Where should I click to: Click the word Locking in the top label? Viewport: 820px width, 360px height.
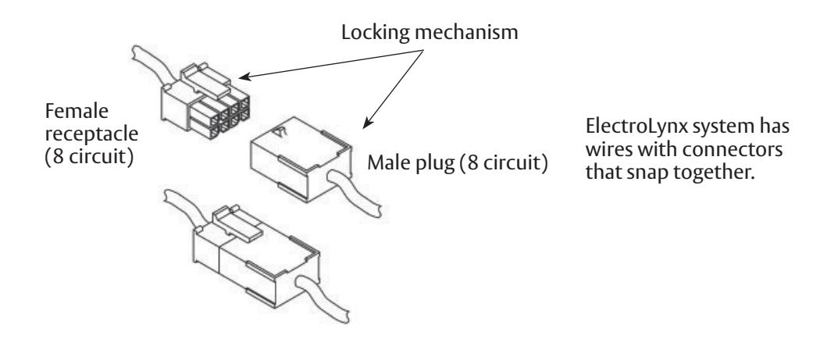point(375,33)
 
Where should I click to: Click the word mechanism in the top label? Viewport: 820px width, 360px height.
point(466,32)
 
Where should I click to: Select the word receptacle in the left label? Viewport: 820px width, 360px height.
point(91,134)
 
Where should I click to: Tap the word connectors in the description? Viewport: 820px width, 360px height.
point(733,150)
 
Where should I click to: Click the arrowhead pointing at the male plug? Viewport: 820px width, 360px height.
point(368,123)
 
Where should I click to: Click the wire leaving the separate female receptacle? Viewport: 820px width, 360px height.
point(151,65)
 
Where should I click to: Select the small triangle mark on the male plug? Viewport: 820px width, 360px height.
point(281,132)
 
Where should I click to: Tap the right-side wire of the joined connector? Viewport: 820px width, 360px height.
point(324,299)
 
